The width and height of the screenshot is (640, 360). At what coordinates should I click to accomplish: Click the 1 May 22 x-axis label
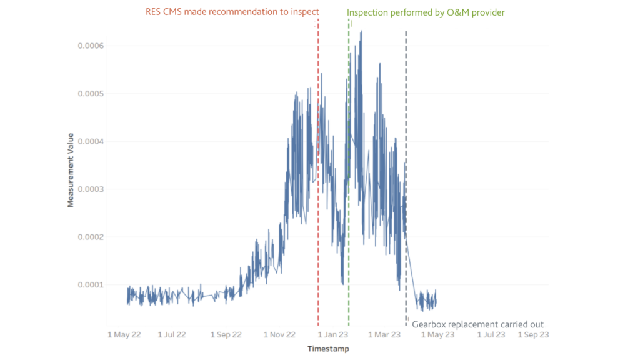[x=124, y=335]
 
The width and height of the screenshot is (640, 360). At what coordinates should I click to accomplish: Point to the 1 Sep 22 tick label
[x=226, y=335]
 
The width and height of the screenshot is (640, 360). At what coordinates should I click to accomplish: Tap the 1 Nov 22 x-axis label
[x=280, y=335]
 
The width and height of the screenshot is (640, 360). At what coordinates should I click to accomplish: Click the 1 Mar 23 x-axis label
[x=383, y=335]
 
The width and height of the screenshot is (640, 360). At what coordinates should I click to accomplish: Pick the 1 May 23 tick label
[x=437, y=335]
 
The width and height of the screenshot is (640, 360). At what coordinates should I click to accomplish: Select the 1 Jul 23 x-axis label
[x=491, y=335]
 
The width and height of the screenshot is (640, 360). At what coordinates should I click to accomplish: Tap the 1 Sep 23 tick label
[x=533, y=335]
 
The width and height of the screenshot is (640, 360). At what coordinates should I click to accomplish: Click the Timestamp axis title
[x=328, y=349]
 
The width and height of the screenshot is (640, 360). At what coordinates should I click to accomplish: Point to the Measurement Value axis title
[x=71, y=170]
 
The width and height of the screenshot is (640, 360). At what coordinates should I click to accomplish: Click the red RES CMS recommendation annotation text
[x=232, y=12]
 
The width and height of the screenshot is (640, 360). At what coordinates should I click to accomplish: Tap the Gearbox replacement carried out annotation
[x=477, y=324]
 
